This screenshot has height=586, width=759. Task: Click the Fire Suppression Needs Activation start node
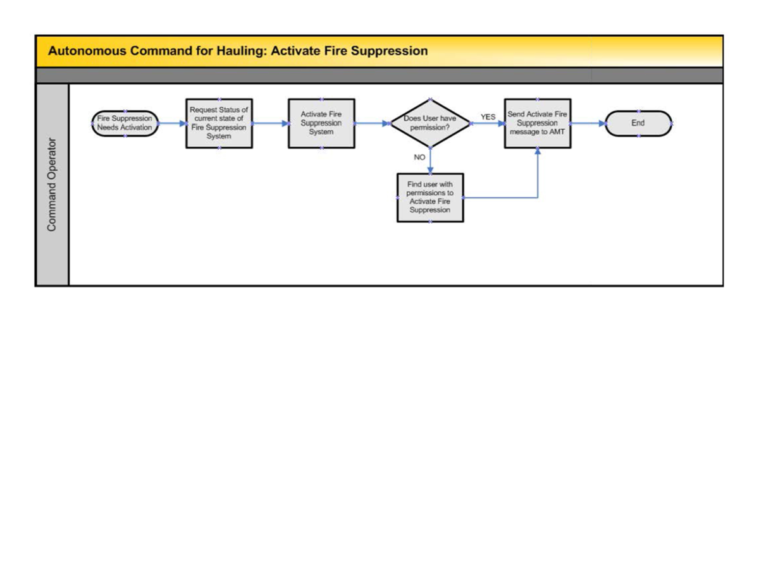[125, 123]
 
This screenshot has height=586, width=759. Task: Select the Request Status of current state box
[219, 123]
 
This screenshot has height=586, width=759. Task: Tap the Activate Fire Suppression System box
[321, 123]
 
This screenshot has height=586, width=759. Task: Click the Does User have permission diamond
[429, 123]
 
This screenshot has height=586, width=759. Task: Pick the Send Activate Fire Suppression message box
[537, 123]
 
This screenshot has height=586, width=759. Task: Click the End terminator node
[638, 123]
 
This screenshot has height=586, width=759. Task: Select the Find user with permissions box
[430, 197]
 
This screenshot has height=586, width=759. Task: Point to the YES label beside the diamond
[488, 117]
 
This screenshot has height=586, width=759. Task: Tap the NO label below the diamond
[419, 157]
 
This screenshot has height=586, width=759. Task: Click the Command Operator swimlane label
[52, 184]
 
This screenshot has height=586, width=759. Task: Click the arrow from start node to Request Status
[171, 123]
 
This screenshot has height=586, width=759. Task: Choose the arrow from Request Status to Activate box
[270, 123]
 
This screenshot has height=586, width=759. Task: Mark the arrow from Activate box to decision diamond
[372, 123]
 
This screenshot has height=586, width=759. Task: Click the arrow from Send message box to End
[588, 123]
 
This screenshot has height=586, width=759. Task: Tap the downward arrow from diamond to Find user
[430, 161]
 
